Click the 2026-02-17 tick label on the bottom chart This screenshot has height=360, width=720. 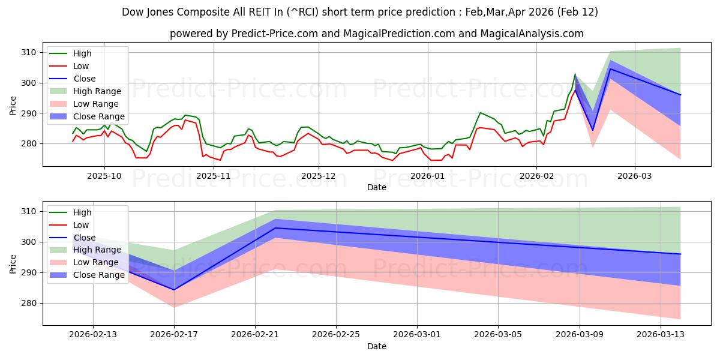[x=174, y=335]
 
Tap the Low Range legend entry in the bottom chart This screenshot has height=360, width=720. [x=97, y=263]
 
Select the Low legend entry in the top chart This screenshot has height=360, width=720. [x=81, y=66]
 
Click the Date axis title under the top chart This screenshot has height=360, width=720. [x=377, y=187]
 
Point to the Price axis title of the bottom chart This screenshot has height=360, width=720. [x=13, y=263]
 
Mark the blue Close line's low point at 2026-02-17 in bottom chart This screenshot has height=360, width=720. [x=174, y=290]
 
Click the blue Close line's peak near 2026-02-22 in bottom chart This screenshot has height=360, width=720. [x=275, y=228]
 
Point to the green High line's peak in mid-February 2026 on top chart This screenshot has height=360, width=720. [x=575, y=74]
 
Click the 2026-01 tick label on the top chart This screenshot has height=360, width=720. [x=428, y=176]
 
